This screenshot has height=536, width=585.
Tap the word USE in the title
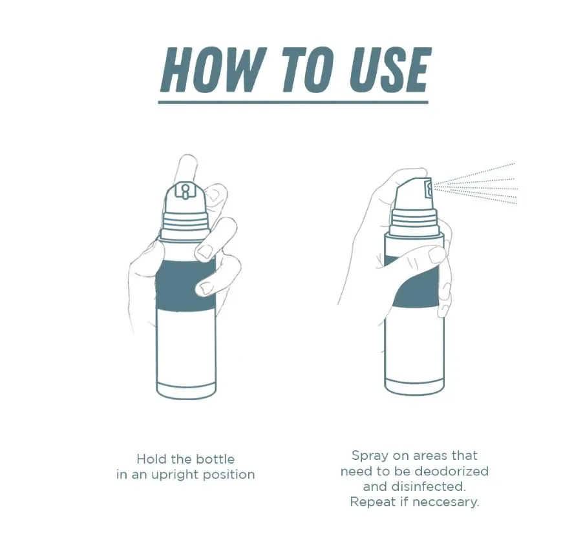click(x=389, y=69)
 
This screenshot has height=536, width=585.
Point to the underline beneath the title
click(x=294, y=101)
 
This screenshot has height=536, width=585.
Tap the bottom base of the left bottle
click(x=186, y=389)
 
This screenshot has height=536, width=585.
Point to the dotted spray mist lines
click(x=478, y=184)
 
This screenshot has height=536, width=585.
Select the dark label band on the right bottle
click(x=414, y=284)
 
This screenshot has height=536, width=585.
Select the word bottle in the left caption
click(x=213, y=459)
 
